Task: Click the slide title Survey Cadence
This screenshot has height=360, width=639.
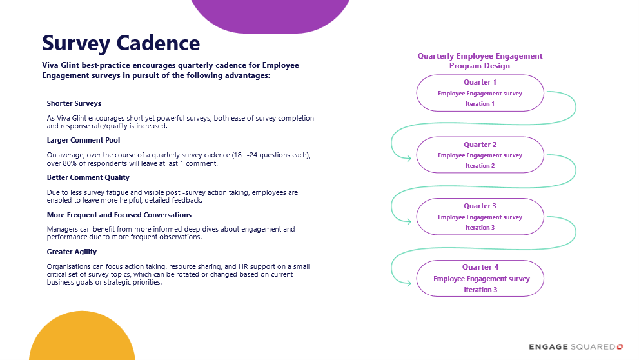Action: coord(121,43)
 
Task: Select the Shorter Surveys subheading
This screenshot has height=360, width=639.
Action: coord(74,103)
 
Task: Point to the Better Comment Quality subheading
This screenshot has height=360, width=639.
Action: coord(88,177)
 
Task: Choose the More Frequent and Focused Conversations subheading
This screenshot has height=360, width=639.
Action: coord(119,215)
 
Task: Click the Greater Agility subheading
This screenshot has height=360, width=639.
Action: coord(72,252)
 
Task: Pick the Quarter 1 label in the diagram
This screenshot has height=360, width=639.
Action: coord(480,83)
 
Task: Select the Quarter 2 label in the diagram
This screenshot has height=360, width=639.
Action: coord(480,145)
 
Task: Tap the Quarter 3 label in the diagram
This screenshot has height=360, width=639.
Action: coord(480,206)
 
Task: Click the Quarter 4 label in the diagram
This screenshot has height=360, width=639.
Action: coord(480,267)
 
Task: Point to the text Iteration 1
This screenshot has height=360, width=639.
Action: coord(480,104)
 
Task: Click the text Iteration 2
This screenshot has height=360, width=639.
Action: coord(480,166)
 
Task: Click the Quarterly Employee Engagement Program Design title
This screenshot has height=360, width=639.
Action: coord(480,61)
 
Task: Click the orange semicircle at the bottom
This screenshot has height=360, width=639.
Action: coord(82,339)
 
